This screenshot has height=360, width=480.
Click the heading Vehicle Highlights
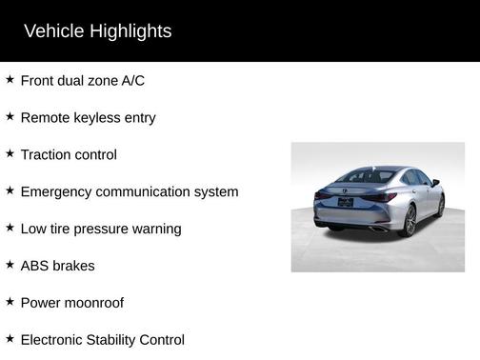[x=97, y=31]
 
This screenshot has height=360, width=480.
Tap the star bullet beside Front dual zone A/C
[x=10, y=80]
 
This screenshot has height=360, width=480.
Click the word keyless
[x=104, y=118]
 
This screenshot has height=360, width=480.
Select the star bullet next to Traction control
[x=10, y=154]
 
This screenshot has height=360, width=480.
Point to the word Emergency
[x=57, y=192]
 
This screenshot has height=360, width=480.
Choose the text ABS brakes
[x=57, y=266]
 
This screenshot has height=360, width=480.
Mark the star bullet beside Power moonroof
[x=10, y=302]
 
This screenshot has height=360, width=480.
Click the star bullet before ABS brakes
[x=10, y=265]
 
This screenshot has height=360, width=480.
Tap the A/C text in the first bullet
[x=133, y=81]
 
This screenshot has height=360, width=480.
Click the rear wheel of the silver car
[x=410, y=220]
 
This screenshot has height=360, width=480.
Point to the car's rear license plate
[x=345, y=202]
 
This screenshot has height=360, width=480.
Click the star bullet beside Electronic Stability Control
[x=10, y=339]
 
